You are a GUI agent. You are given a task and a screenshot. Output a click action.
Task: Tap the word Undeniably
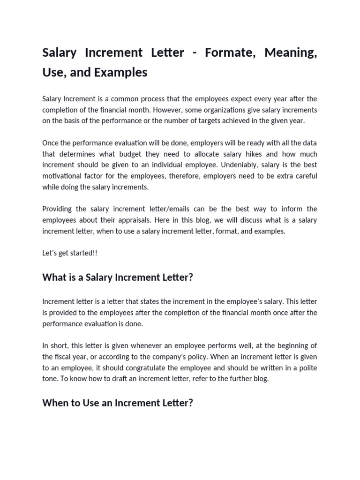pyautogui.click(x=242, y=165)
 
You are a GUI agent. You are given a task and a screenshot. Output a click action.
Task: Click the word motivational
pyautogui.click(x=63, y=176)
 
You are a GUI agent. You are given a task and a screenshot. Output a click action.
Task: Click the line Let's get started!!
pyautogui.click(x=70, y=253)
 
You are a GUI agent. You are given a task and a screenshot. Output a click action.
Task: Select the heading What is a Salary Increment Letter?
pyautogui.click(x=118, y=277)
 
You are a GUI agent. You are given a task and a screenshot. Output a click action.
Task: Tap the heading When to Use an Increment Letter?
pyautogui.click(x=118, y=403)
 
